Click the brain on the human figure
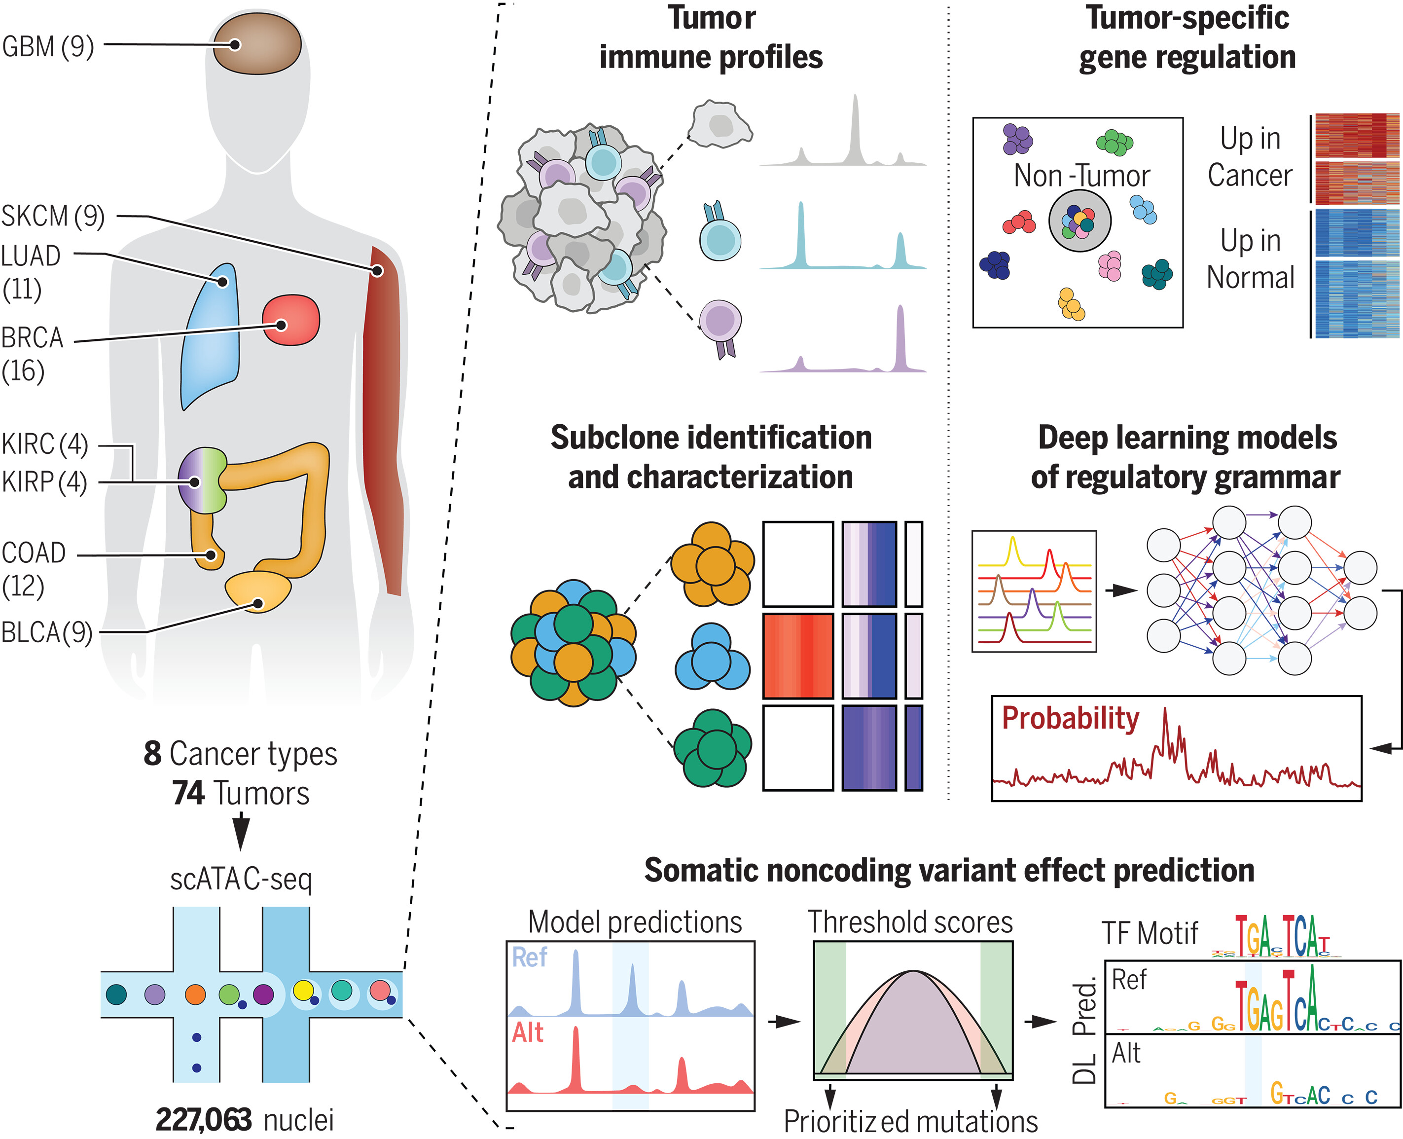pyautogui.click(x=256, y=44)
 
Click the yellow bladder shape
pyautogui.click(x=258, y=590)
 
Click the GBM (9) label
pyautogui.click(x=48, y=46)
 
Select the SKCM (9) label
pyautogui.click(x=52, y=216)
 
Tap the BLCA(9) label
pyautogui.click(x=46, y=632)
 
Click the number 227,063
pyautogui.click(x=203, y=1119)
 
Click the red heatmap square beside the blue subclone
pyautogui.click(x=797, y=656)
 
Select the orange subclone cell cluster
pyautogui.click(x=712, y=564)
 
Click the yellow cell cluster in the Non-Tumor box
pyautogui.click(x=1071, y=304)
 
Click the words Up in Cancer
pyautogui.click(x=1250, y=157)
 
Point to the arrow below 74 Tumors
pyautogui.click(x=241, y=831)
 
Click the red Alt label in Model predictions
pyautogui.click(x=528, y=1033)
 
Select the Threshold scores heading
pyautogui.click(x=910, y=922)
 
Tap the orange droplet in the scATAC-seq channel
pyautogui.click(x=195, y=994)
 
